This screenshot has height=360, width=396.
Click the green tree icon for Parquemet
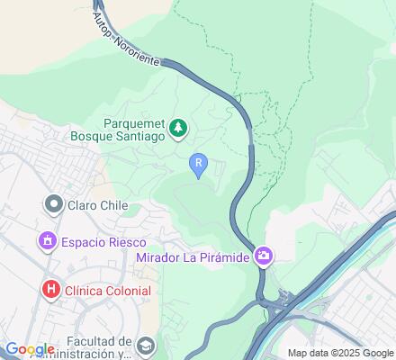[x=179, y=129]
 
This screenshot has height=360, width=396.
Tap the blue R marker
[x=199, y=163]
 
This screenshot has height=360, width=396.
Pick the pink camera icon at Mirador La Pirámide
[x=263, y=257]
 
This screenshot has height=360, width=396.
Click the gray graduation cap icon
[x=146, y=345]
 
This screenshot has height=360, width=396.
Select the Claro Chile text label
[x=97, y=205]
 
